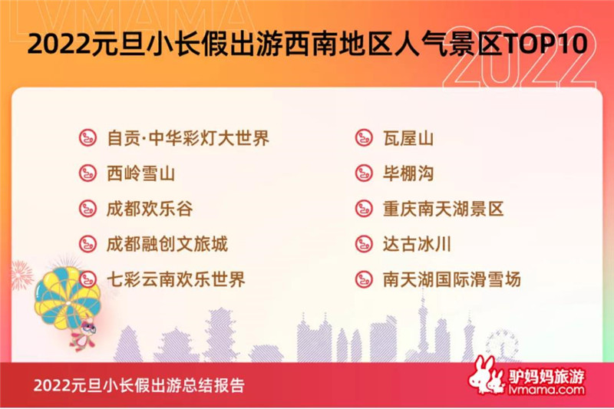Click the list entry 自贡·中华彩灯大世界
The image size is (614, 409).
[188, 138]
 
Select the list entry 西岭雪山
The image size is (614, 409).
[141, 173]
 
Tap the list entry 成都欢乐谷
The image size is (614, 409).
[150, 209]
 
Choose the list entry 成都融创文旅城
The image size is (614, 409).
[167, 244]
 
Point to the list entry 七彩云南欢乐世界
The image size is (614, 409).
[176, 279]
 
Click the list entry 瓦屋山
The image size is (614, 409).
[408, 138]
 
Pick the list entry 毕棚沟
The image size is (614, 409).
[408, 173]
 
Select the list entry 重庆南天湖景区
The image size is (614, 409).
[444, 209]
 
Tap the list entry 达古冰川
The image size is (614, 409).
[417, 244]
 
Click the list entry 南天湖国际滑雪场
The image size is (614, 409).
[452, 279]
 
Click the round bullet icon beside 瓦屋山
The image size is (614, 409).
[364, 138]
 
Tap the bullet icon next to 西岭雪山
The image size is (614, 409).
[87, 173]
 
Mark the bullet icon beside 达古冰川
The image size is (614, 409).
[364, 244]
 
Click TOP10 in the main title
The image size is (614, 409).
[546, 43]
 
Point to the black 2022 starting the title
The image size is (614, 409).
[59, 43]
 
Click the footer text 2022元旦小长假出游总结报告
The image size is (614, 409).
[139, 385]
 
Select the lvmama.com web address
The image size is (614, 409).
[546, 389]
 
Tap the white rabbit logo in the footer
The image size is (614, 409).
[487, 376]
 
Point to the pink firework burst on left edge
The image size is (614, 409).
[21, 275]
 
